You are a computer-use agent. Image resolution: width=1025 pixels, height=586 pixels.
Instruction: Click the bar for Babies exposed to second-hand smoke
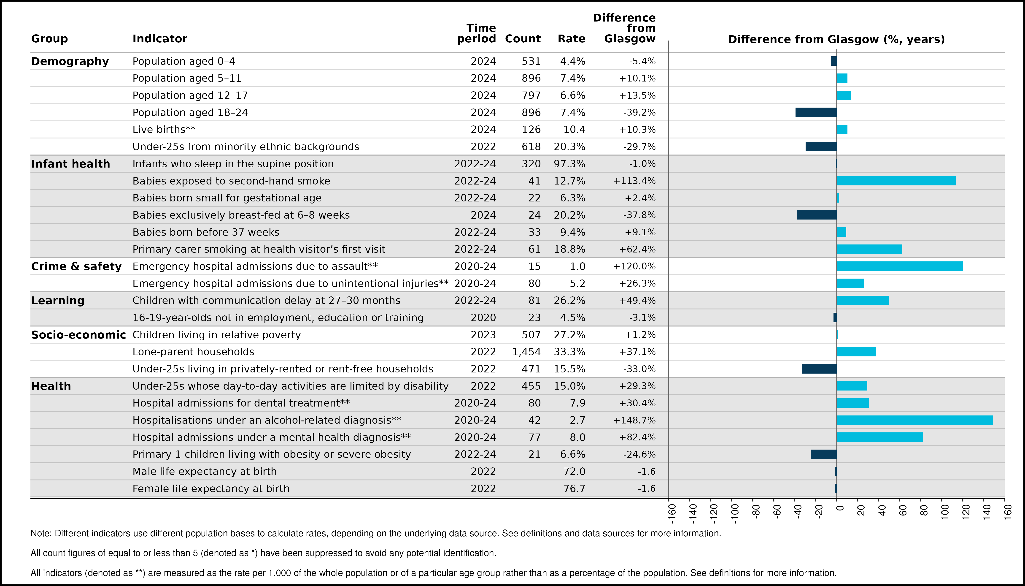(896, 181)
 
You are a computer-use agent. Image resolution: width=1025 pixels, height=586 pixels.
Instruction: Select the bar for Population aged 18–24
(816, 112)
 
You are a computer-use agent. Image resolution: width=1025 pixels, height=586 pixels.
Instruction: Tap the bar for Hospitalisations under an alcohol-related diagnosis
(915, 420)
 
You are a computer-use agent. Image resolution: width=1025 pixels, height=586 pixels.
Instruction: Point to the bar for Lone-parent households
(856, 352)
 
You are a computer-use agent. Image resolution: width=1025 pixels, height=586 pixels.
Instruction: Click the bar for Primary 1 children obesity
(824, 454)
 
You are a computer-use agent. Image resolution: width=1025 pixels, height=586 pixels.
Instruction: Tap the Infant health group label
(70, 164)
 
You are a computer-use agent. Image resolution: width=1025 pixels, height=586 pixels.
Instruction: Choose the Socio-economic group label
(78, 335)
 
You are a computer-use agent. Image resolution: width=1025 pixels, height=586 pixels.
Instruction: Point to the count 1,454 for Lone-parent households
(527, 352)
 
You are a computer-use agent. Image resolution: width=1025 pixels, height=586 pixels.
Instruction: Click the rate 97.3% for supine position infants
(570, 164)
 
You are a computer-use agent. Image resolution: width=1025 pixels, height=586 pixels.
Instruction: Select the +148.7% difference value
(634, 420)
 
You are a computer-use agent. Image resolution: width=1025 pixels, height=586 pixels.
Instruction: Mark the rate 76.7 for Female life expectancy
(575, 489)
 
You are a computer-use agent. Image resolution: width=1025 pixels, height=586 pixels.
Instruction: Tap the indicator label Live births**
(164, 130)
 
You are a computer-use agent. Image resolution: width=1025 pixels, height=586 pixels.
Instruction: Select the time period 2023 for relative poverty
(483, 335)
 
